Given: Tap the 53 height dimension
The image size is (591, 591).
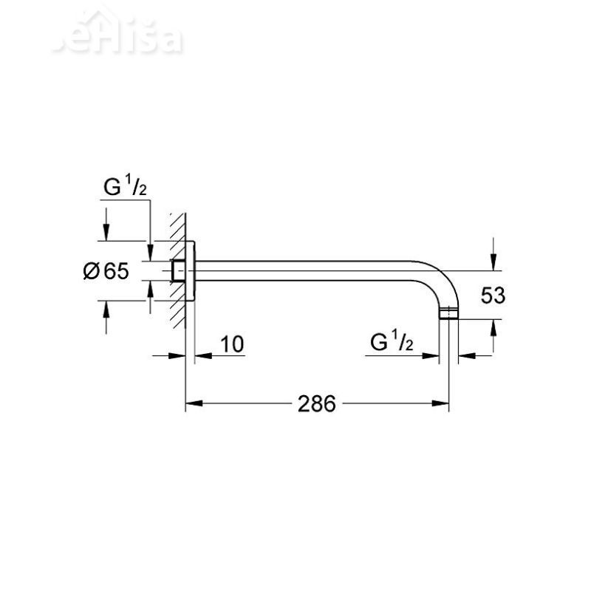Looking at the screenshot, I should point(493,295).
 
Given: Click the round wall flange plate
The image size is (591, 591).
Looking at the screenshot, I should point(190,271).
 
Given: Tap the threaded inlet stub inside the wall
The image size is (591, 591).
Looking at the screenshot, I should point(178,271).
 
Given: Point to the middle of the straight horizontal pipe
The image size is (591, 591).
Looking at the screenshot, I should point(310,270).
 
